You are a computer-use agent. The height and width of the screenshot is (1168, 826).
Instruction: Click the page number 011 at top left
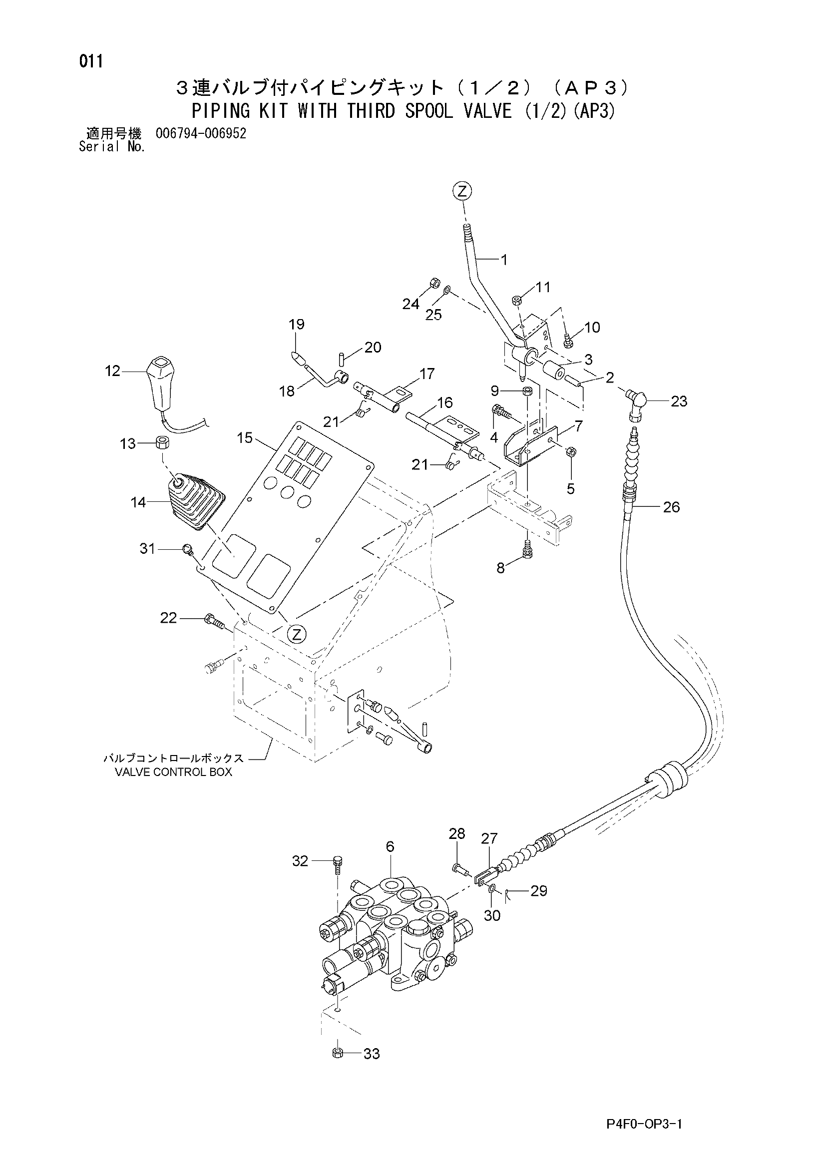click(91, 62)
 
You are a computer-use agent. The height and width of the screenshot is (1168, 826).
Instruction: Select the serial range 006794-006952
click(201, 134)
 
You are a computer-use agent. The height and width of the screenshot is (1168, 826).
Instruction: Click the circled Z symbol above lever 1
click(462, 191)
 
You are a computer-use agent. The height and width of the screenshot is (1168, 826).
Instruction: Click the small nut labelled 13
click(163, 443)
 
